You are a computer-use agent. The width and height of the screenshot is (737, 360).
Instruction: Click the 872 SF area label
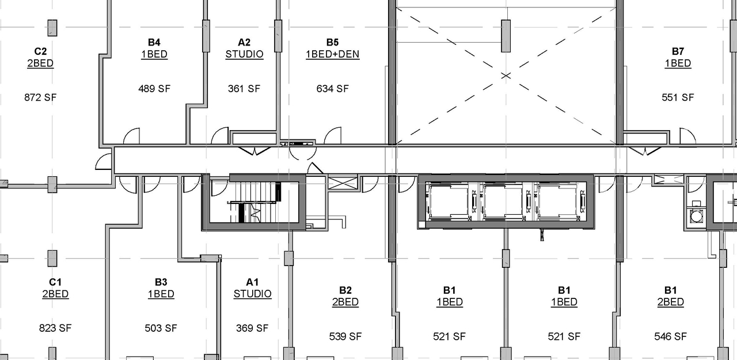[40, 97]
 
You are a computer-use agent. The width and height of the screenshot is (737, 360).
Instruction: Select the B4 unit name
[154, 42]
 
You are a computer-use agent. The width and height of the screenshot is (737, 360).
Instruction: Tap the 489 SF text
[154, 89]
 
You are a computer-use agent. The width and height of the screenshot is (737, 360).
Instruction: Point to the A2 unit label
[244, 42]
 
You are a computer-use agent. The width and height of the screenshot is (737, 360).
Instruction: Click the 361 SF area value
[244, 89]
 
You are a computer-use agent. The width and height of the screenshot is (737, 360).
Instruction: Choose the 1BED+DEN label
[332, 55]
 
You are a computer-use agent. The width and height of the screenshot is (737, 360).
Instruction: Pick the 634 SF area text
[332, 89]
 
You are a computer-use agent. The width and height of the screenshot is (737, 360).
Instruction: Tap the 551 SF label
[678, 97]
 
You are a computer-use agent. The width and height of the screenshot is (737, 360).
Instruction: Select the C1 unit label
[55, 282]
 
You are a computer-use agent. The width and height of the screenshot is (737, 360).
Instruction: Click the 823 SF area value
[55, 328]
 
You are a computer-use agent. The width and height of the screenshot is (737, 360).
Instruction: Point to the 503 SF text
[161, 328]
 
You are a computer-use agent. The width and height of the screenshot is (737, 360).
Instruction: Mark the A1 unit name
[252, 282]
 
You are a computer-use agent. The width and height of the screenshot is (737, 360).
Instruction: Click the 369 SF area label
[252, 328]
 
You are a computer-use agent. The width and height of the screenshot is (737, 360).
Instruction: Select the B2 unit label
[345, 290]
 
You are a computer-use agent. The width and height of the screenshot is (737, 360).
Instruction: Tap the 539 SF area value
[345, 336]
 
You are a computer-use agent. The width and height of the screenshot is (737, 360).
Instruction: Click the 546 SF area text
[670, 336]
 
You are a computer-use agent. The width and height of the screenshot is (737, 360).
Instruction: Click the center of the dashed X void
[506, 75]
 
